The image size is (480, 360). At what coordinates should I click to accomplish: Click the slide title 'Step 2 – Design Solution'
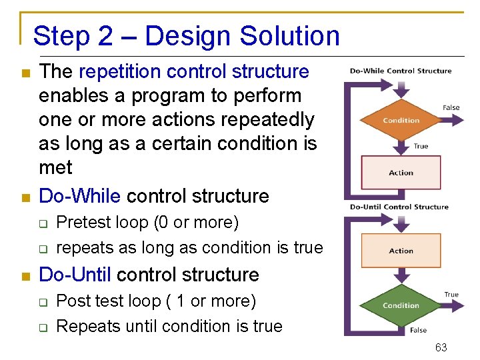point(186,36)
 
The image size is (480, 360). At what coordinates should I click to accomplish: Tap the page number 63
point(441,347)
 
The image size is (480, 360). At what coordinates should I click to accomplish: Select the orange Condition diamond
point(401,121)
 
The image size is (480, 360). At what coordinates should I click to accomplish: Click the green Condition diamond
point(401,306)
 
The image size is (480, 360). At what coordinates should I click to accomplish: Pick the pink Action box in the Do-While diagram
point(401,173)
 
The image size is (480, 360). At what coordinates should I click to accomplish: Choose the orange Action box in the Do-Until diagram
point(401,251)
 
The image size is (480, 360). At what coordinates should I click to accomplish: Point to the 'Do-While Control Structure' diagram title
point(400,71)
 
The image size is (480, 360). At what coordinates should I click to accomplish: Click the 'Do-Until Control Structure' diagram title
point(399,207)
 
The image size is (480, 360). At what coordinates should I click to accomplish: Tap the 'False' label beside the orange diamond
point(451,107)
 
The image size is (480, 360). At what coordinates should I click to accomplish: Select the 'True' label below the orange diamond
point(421,146)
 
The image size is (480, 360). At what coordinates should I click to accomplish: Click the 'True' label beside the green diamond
point(451,294)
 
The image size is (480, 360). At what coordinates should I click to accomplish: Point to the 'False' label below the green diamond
point(418,330)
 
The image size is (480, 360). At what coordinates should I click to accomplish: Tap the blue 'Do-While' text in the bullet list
point(80,196)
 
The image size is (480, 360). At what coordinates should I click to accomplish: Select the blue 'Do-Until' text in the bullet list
point(75,275)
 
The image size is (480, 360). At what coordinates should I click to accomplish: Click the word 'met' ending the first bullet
point(55,167)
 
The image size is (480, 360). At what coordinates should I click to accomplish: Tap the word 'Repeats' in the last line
point(85,327)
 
